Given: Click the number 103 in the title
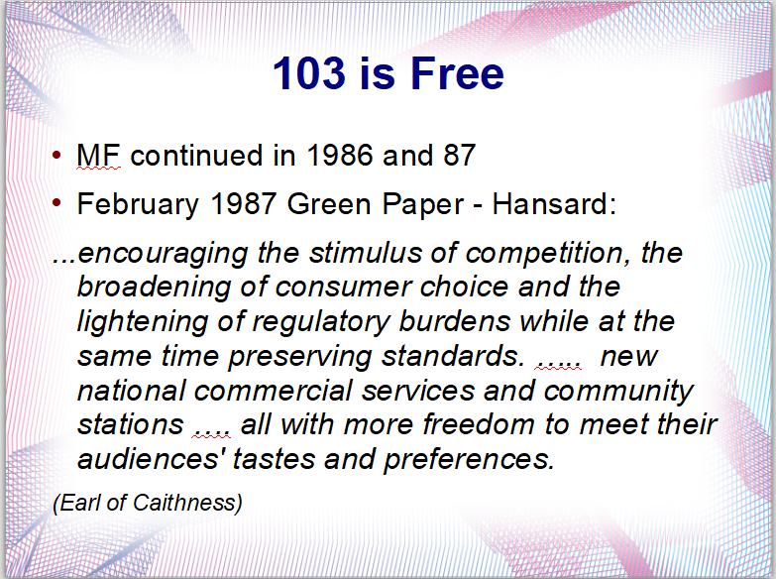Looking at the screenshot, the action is (309, 72).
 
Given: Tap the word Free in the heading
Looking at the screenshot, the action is (457, 72).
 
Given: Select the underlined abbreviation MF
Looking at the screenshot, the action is (98, 155).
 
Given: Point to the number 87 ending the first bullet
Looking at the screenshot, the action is (459, 155).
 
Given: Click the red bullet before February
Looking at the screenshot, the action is (56, 202).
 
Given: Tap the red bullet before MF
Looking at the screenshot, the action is (56, 155).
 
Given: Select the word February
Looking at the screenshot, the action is (138, 204).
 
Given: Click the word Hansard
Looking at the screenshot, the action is (554, 203).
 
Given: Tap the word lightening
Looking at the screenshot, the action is (143, 321).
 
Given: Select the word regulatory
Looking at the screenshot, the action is (321, 321).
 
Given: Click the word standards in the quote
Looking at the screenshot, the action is (453, 356).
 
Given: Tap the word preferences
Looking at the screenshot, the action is (468, 460).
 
